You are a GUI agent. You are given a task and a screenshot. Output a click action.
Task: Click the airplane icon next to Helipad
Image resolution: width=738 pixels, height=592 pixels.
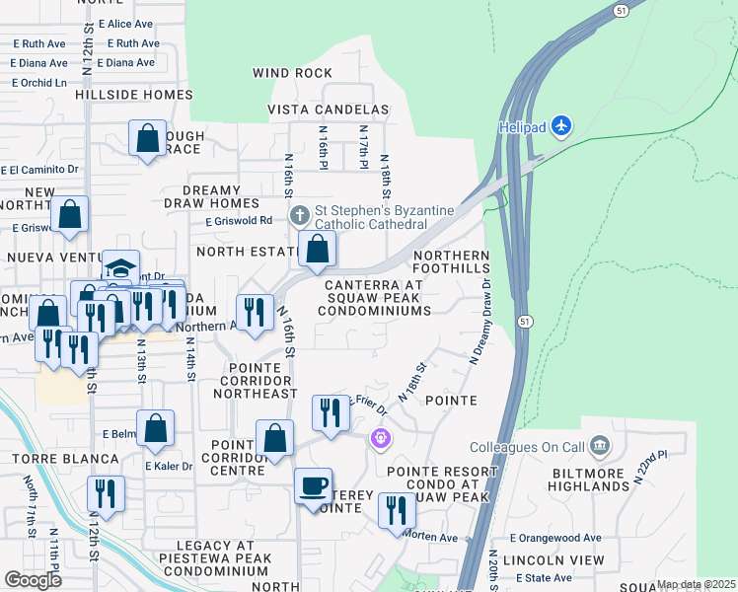pyautogui.click(x=561, y=125)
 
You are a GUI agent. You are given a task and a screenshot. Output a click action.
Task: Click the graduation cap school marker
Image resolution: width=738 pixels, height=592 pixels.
pyautogui.click(x=120, y=268)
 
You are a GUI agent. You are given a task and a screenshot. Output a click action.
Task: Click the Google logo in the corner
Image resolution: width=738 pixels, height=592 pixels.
pyautogui.click(x=33, y=579)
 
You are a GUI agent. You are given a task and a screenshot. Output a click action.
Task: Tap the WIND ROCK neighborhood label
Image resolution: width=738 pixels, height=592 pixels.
pyautogui.click(x=293, y=73)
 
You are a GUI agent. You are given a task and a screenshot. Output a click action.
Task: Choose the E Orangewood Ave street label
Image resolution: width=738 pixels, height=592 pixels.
pyautogui.click(x=554, y=538)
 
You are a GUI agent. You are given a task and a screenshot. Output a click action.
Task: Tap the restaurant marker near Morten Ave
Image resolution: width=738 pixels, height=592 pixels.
pyautogui.click(x=397, y=511)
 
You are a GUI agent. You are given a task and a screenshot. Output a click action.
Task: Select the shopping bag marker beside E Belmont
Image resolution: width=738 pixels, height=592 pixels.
pyautogui.click(x=155, y=429)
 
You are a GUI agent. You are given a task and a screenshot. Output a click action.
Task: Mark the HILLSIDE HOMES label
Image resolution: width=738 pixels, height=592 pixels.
pyautogui.click(x=133, y=95)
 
